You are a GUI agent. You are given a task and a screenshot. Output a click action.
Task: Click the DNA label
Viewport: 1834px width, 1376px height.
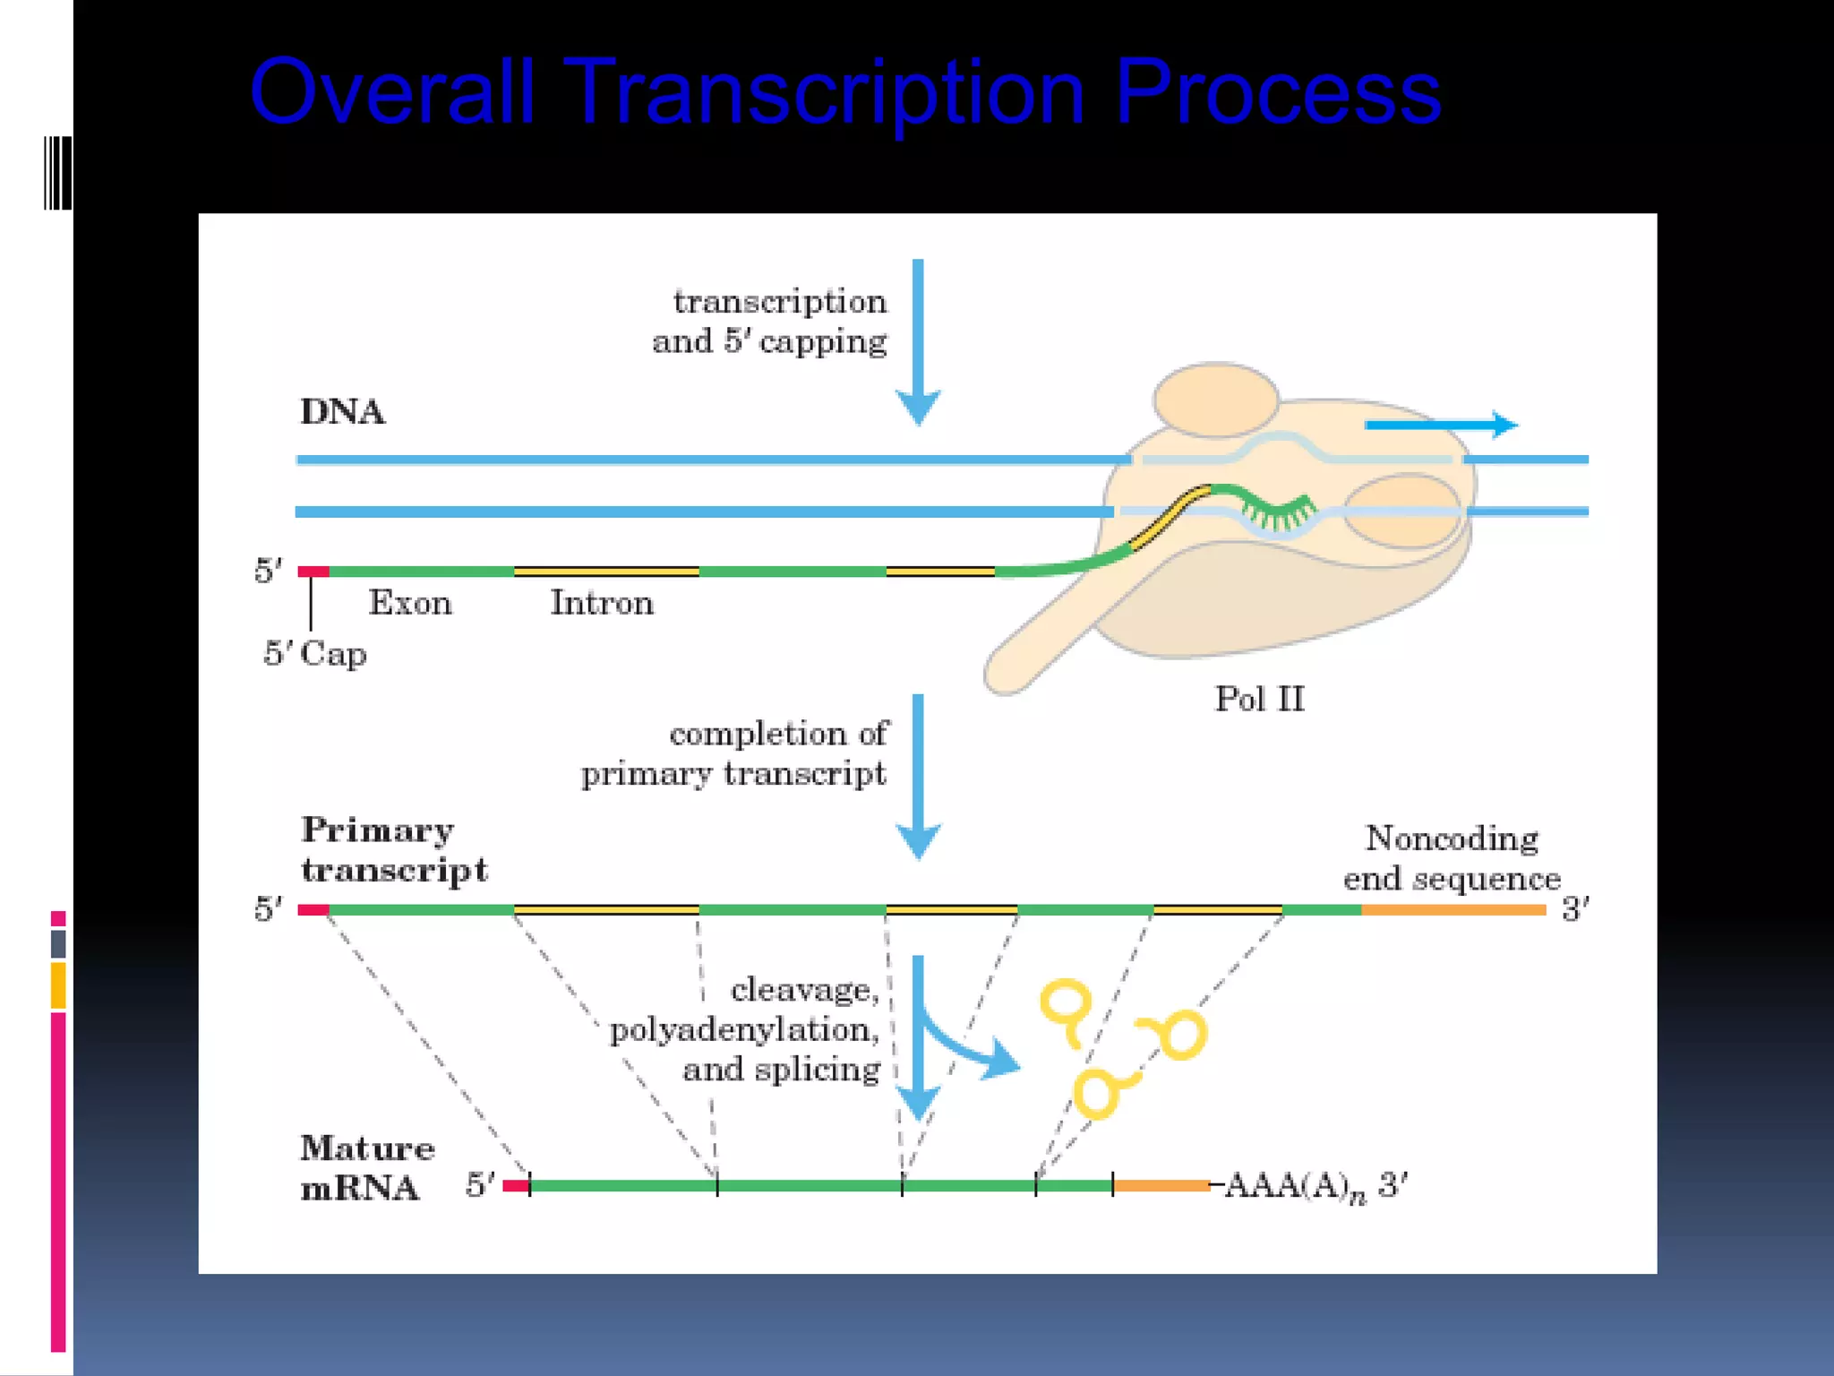tap(342, 412)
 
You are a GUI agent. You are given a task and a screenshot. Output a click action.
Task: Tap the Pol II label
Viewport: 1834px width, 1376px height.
tap(1258, 699)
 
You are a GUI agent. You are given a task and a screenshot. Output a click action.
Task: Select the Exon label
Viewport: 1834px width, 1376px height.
tap(410, 603)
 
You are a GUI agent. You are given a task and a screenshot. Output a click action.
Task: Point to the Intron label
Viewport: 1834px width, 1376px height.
tap(602, 603)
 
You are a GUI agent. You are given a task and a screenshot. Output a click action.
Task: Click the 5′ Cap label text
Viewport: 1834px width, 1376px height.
tap(315, 654)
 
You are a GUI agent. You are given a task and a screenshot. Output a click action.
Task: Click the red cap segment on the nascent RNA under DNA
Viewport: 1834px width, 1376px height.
tap(313, 572)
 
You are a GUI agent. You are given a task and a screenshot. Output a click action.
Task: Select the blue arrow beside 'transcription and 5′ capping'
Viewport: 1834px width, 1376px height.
tap(918, 340)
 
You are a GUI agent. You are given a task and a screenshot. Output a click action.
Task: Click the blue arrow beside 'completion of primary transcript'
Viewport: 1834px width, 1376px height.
tap(918, 775)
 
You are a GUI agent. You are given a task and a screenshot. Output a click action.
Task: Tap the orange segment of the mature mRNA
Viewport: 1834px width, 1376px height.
tap(1161, 1185)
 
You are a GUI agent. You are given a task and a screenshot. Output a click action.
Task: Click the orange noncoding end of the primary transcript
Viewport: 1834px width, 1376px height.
tap(1453, 910)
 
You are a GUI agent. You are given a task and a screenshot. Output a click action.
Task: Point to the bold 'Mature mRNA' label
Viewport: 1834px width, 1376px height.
tap(366, 1167)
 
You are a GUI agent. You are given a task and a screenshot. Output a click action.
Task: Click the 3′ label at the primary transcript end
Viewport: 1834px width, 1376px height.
tap(1575, 910)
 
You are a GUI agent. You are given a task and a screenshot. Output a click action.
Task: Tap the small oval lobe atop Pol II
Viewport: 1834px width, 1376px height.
tap(1215, 400)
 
